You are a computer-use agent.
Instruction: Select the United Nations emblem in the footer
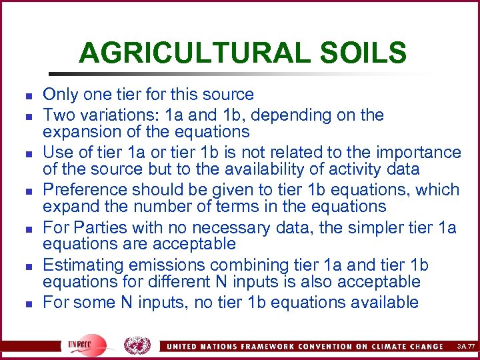(x=137, y=345)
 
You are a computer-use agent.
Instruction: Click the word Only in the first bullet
(x=59, y=95)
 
